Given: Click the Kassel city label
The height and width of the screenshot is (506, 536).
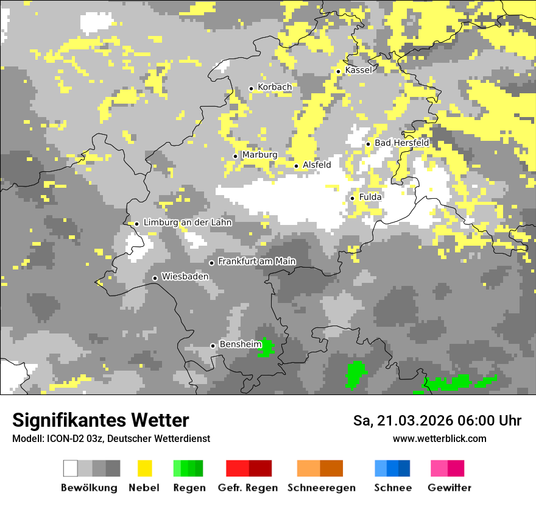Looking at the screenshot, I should point(358,70).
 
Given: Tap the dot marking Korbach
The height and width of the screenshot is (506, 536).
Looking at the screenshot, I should point(251,88).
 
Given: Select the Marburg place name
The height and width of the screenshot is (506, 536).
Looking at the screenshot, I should point(259,155).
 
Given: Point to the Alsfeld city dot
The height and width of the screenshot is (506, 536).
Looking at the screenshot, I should point(297,166).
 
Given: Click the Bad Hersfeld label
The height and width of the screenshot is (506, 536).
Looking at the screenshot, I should point(401,143).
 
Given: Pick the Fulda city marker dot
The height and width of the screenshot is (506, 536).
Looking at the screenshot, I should point(352,198).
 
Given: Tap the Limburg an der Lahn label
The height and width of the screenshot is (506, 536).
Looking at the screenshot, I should point(188,223).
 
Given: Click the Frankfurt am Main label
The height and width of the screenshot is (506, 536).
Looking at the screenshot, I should point(256,262).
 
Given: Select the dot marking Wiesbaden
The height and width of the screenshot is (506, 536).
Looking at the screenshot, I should point(155,278).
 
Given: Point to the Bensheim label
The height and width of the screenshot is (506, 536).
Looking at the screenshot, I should point(240,344).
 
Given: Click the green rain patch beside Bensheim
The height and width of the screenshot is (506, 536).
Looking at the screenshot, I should point(266,347).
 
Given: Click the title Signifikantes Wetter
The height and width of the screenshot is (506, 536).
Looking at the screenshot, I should point(100,420).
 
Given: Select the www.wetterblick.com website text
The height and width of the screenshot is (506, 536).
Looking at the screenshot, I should point(439,438).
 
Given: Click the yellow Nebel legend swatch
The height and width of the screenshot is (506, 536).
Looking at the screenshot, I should point(144,468).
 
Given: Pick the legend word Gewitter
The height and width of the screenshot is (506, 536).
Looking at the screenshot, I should point(450,488).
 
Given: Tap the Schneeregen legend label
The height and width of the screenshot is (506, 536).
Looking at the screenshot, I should point(321,488).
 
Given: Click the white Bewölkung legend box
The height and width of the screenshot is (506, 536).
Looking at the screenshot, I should point(71,468).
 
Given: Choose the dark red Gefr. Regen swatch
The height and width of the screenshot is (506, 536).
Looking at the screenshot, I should point(260,468).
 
